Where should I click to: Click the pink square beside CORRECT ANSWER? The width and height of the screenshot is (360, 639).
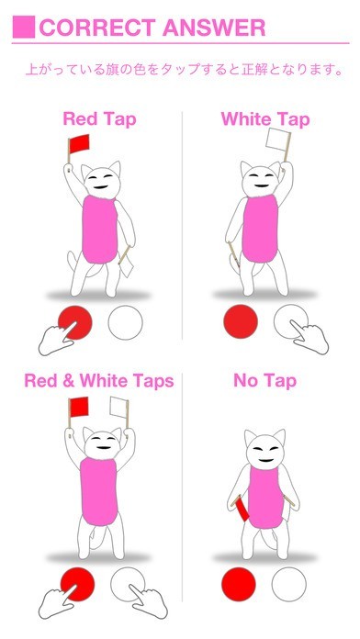click(x=24, y=27)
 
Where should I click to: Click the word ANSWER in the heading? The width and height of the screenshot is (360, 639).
click(x=214, y=28)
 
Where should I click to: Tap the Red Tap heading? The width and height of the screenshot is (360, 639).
click(x=99, y=119)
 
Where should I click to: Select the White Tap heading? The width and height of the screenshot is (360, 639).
click(x=265, y=119)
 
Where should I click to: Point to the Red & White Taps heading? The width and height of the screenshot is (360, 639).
click(x=99, y=381)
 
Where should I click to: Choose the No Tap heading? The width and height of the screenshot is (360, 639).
click(x=265, y=381)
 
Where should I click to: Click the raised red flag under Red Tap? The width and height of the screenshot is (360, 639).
click(x=79, y=143)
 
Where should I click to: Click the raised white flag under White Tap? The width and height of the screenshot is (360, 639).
click(x=278, y=139)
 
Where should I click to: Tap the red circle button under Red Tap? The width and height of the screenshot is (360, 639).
click(x=75, y=322)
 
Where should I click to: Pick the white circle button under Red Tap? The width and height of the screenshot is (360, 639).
click(x=126, y=322)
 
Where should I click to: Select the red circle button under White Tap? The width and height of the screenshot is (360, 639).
click(x=241, y=321)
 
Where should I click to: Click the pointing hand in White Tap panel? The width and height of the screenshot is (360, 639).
click(x=309, y=336)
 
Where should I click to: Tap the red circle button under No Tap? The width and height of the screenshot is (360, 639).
click(x=239, y=584)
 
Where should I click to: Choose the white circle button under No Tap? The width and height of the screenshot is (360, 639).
click(x=289, y=584)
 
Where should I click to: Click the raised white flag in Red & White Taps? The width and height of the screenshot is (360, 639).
click(x=118, y=407)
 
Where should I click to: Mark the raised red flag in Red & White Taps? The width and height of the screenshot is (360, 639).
click(x=79, y=407)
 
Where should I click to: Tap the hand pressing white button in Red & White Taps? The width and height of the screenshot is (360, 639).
click(x=149, y=601)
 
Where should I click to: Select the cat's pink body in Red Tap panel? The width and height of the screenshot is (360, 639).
click(x=99, y=229)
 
